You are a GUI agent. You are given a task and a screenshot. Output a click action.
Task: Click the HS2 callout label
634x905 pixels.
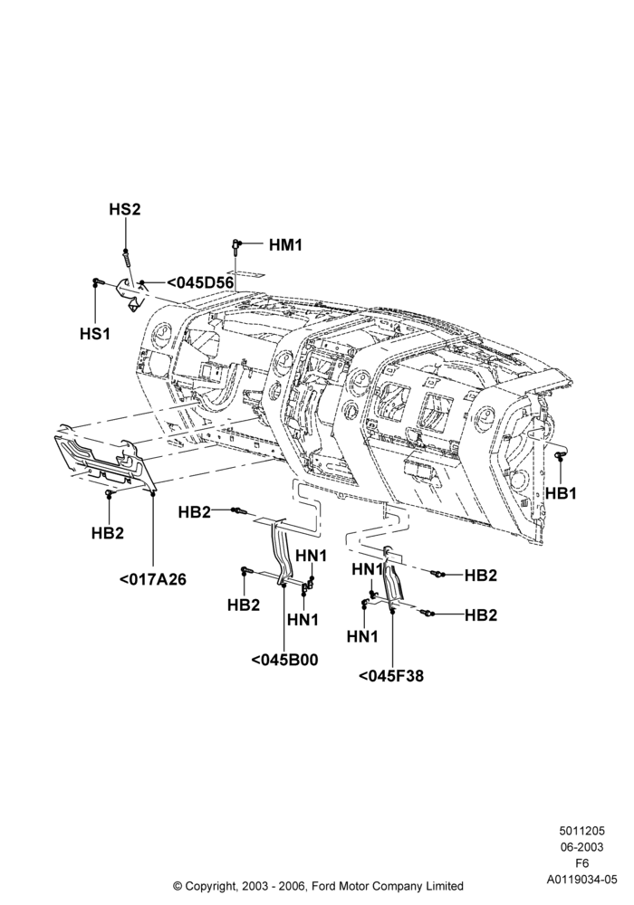pos(125,209)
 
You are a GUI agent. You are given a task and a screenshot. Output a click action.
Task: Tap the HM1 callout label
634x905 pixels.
pos(285,245)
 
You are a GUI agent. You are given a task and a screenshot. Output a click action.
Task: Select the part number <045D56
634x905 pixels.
pos(200,282)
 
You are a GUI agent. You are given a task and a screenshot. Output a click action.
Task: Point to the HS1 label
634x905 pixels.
pos(95,334)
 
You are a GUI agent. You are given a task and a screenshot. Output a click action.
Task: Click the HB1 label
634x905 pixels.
pos(562,493)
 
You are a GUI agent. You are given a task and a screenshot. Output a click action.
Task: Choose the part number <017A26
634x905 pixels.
pos(153,579)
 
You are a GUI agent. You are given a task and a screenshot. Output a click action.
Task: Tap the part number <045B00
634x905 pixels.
pos(284,660)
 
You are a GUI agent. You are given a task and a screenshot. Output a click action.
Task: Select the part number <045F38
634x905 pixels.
pos(391,675)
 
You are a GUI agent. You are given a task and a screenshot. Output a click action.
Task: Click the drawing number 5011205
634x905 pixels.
pos(581,831)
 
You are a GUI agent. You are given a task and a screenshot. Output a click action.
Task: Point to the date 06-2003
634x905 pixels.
pos(581,847)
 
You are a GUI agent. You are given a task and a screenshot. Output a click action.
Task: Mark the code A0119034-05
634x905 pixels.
pos(582,880)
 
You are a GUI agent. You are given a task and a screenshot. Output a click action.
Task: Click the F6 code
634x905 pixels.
pos(582,863)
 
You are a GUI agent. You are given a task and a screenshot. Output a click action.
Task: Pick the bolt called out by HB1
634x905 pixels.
pos(560,455)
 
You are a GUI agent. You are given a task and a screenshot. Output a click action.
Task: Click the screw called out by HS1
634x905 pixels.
pos(97,281)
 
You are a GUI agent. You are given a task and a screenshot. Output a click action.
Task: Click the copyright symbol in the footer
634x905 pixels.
pos(178,885)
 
